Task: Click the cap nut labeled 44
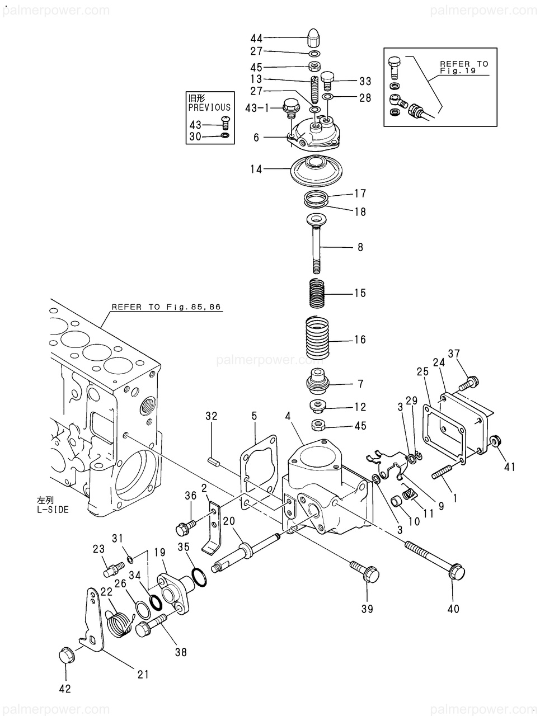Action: tap(314, 37)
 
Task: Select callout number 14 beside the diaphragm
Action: tap(256, 169)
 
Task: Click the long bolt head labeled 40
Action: tap(457, 572)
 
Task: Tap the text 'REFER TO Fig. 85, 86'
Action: tap(166, 307)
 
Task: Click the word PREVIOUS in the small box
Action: tap(209, 107)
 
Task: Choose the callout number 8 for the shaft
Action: tap(360, 247)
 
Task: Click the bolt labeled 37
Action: tap(468, 383)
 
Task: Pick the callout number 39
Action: tap(367, 609)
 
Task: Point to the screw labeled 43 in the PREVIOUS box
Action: tap(226, 123)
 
